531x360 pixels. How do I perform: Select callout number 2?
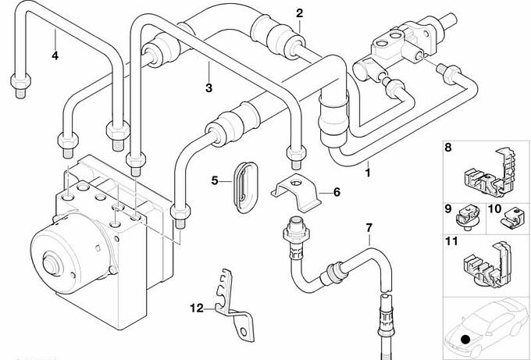coord(299,12)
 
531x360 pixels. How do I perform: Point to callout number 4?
coord(55,55)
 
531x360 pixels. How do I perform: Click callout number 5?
coord(215,181)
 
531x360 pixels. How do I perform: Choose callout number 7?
coord(369,228)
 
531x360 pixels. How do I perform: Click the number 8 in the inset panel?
coord(448,147)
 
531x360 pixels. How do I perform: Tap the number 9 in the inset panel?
coord(448,209)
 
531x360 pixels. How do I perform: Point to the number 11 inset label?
coord(451,242)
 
